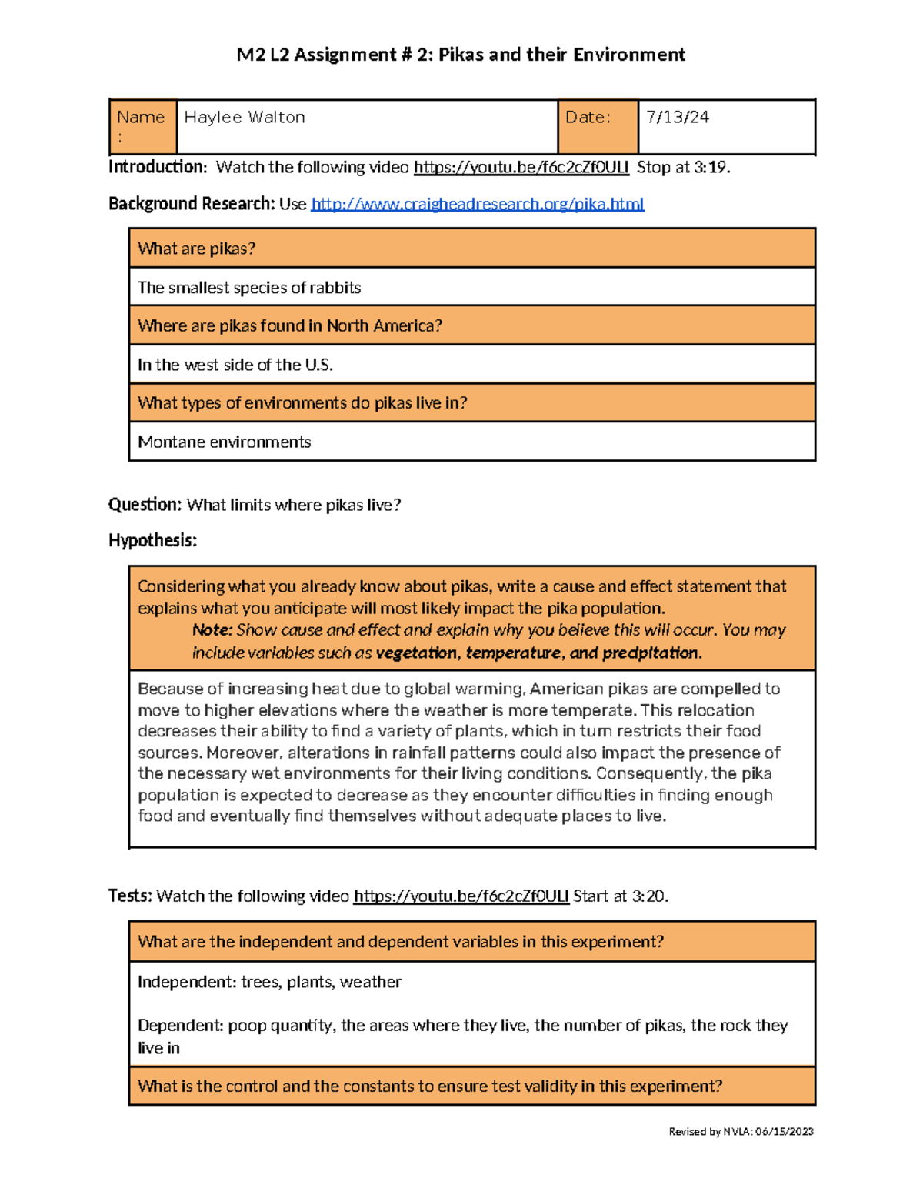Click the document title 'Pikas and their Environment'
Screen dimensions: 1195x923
tap(561, 55)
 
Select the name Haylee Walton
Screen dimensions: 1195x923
tap(245, 118)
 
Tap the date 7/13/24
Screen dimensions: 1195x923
tap(678, 118)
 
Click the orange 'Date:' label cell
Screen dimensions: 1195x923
tap(597, 126)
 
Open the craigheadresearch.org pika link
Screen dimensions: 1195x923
tap(478, 204)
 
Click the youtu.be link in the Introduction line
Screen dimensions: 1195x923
tap(521, 168)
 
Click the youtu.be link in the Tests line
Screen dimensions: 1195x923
tap(461, 896)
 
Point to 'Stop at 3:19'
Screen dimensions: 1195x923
tap(682, 168)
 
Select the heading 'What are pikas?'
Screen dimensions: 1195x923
tap(197, 249)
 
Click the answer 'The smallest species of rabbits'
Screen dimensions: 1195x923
tap(249, 288)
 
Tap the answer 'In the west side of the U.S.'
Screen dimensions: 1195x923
tap(235, 365)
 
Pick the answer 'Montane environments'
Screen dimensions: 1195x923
tap(225, 442)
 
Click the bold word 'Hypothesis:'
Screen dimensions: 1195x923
tap(152, 541)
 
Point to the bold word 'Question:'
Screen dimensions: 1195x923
tap(145, 505)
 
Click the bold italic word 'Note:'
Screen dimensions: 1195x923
tap(212, 630)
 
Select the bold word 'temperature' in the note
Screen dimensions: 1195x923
tap(513, 653)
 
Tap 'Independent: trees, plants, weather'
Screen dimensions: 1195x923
tap(269, 983)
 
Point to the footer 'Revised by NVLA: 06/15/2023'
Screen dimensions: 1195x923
tap(741, 1132)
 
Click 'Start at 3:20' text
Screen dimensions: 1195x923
tap(620, 896)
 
